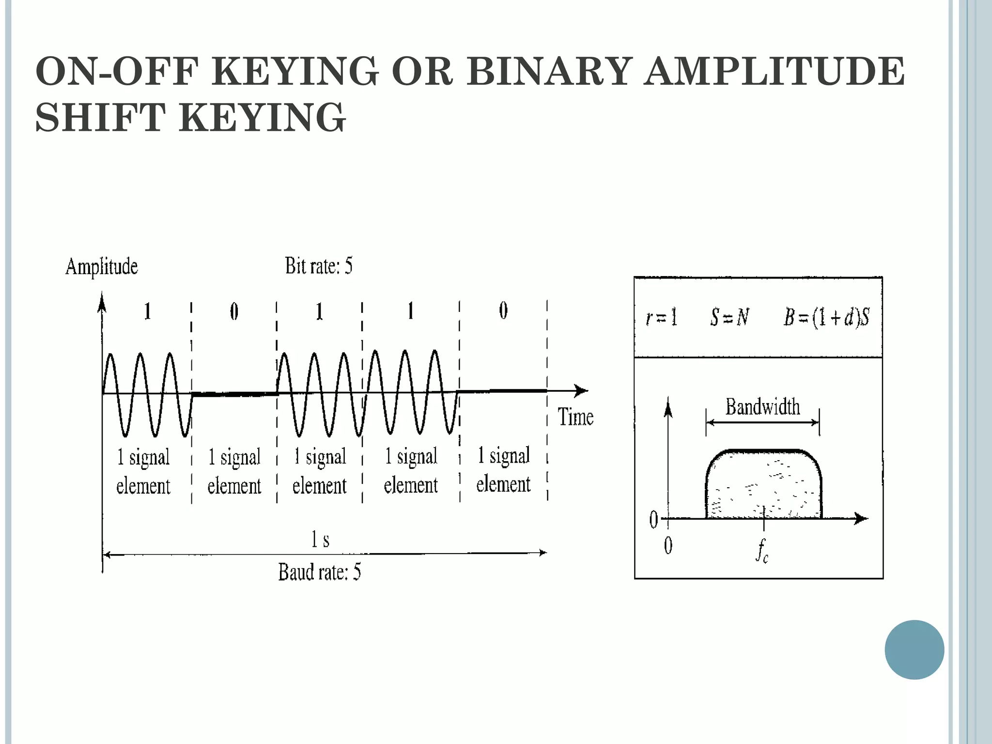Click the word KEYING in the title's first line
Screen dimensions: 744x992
pyautogui.click(x=294, y=71)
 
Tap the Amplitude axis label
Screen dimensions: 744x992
pyautogui.click(x=102, y=267)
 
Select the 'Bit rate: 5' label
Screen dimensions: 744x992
pyautogui.click(x=319, y=266)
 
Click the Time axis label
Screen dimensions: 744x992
pyautogui.click(x=575, y=417)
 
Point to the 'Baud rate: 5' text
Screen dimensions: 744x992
pyautogui.click(x=319, y=573)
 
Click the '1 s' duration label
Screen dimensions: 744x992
pyautogui.click(x=320, y=539)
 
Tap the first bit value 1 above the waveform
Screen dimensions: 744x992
pyautogui.click(x=147, y=311)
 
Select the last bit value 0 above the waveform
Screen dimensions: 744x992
pyautogui.click(x=503, y=310)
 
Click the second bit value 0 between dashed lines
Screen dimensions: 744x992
pyautogui.click(x=234, y=311)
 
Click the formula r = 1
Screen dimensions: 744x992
pyautogui.click(x=662, y=318)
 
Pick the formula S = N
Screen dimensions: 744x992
pyautogui.click(x=729, y=318)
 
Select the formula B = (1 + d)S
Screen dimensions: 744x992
pyautogui.click(x=826, y=318)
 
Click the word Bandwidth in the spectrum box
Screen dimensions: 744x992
pyautogui.click(x=762, y=407)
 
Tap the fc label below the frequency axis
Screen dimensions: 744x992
pyautogui.click(x=762, y=551)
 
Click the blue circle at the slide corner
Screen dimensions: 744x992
pyautogui.click(x=914, y=650)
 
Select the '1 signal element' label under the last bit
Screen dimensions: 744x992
pyautogui.click(x=503, y=470)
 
